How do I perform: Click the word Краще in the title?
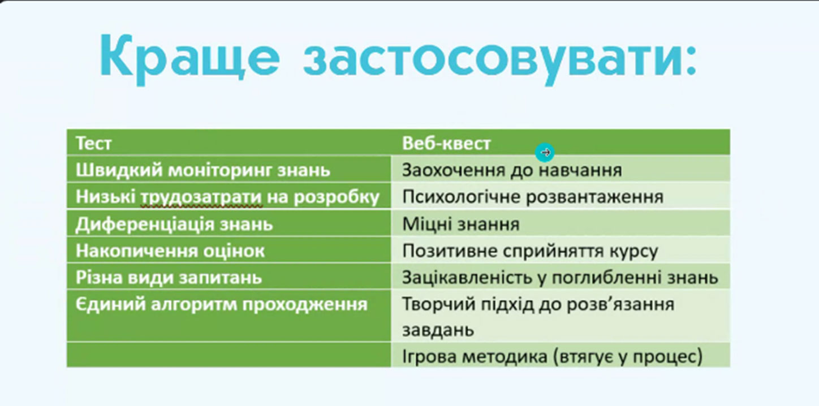(189, 58)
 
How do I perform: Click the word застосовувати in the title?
(501, 58)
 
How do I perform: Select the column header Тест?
(93, 143)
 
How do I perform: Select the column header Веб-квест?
(446, 143)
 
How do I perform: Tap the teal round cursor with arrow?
(545, 152)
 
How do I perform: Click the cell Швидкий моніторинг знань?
(203, 170)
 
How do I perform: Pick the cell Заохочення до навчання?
(512, 170)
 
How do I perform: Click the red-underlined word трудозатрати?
(201, 197)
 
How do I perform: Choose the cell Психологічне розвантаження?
(533, 197)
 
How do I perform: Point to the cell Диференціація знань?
(174, 224)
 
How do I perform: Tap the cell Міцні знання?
(460, 224)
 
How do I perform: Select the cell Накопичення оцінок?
(170, 251)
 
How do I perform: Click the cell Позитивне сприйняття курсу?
(530, 251)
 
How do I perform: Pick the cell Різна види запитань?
(169, 278)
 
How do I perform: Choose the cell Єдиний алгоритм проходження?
(221, 304)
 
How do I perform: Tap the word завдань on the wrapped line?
(438, 330)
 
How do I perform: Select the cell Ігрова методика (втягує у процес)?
(552, 356)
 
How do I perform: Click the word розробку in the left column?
(337, 197)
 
